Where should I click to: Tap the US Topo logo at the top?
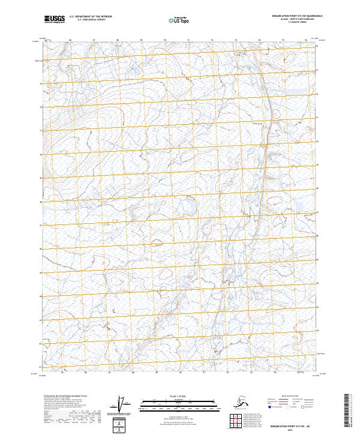pyautogui.click(x=179, y=20)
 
